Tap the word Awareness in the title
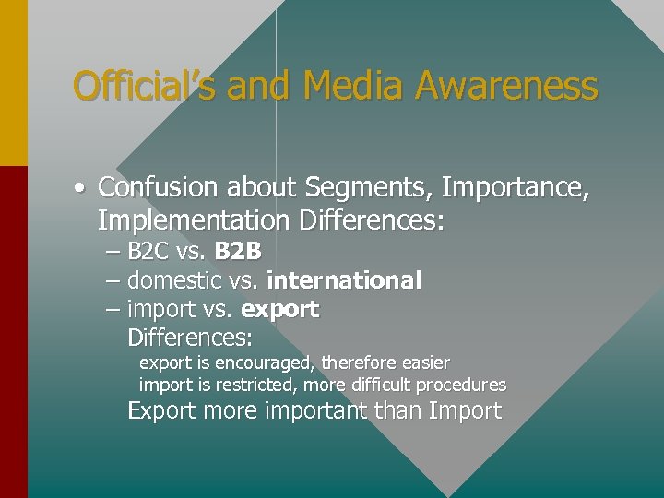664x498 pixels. [506, 87]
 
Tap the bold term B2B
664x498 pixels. [238, 252]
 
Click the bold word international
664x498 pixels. [344, 280]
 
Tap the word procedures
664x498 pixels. [461, 385]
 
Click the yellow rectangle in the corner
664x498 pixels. [13, 83]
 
